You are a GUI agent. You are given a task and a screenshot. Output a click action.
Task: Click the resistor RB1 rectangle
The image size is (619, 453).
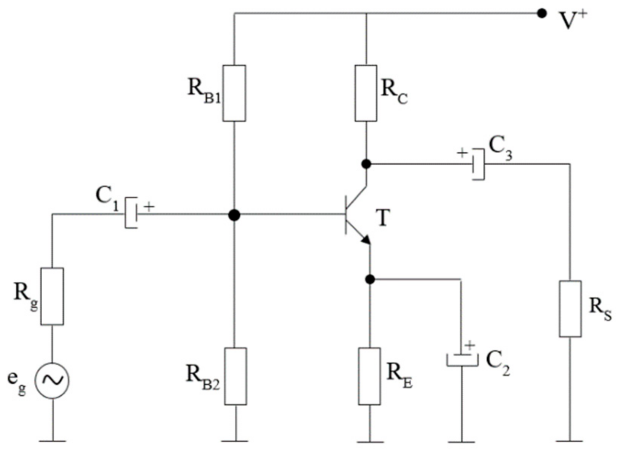(234, 93)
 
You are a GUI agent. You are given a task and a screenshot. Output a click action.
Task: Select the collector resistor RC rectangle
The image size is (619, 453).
(366, 93)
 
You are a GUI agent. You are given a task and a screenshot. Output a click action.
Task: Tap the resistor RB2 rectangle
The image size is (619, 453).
(235, 376)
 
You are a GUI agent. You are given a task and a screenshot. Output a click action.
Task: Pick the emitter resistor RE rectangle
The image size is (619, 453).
(369, 376)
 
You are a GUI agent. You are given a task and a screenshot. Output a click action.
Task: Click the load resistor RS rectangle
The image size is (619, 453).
(570, 308)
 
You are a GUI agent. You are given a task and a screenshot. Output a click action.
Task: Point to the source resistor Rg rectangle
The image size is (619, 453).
(52, 296)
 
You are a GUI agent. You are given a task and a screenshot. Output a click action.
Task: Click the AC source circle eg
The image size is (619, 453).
(52, 381)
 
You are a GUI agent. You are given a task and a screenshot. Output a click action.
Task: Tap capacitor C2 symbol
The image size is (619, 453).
(462, 359)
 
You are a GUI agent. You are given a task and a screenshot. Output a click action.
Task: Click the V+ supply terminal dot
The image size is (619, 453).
(542, 14)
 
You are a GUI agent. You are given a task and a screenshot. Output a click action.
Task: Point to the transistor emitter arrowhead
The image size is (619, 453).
(366, 239)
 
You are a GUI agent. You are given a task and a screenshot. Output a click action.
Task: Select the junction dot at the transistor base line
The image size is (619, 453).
(234, 215)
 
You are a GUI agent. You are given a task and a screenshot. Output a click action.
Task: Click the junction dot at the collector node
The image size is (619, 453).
(366, 164)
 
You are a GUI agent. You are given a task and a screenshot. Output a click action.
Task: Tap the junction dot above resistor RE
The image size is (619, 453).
(370, 279)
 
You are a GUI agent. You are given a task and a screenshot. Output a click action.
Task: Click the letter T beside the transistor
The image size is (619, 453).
(383, 218)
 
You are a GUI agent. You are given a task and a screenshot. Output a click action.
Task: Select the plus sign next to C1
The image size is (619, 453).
(149, 206)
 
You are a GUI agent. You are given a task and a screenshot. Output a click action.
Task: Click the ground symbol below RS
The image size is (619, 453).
(570, 441)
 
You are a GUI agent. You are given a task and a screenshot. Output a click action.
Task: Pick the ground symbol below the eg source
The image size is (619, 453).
(52, 441)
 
